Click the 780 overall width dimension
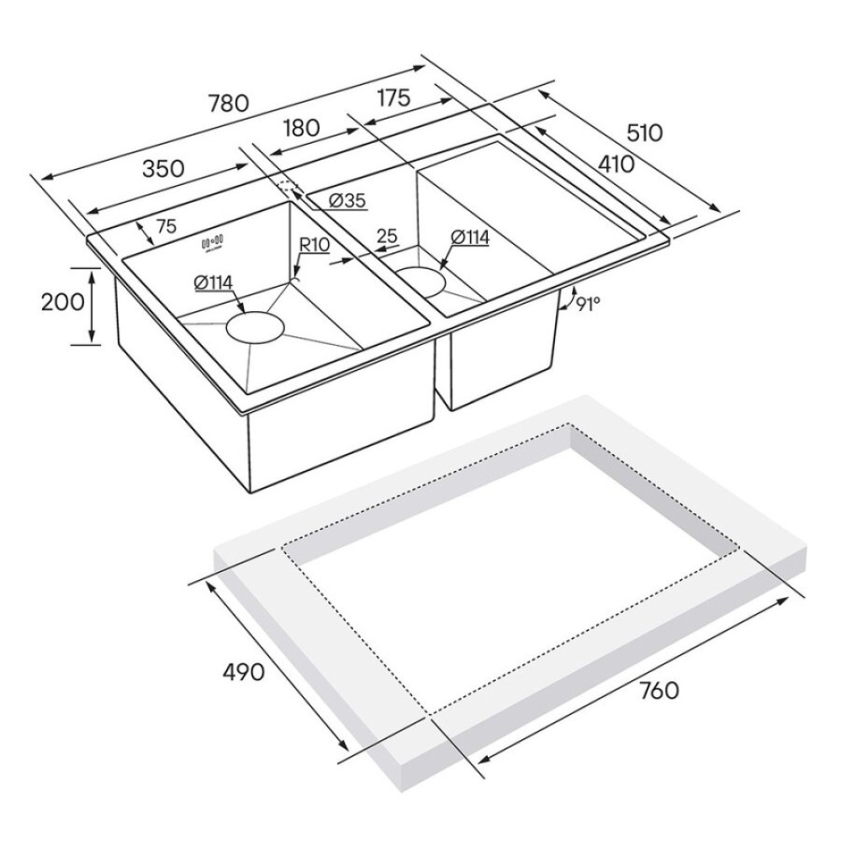229,103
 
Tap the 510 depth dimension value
644,133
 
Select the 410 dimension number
617,164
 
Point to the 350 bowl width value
163,168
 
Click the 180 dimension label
302,128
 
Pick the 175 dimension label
394,97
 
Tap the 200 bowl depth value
63,302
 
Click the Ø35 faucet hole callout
347,200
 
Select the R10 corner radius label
314,246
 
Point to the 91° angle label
588,305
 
